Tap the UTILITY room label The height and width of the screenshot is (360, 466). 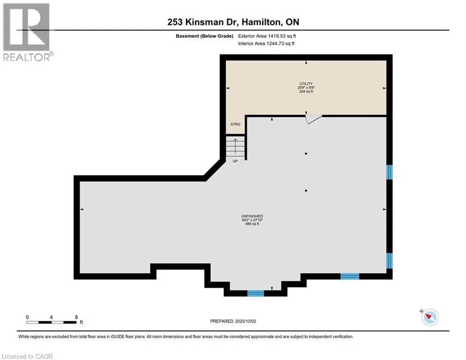pos(306,83)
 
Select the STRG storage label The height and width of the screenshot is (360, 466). pos(236,124)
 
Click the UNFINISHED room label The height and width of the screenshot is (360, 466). pos(252,216)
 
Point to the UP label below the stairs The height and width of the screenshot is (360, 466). pos(235,161)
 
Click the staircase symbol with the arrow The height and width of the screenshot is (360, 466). pos(235,146)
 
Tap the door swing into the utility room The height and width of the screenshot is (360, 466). pos(313,119)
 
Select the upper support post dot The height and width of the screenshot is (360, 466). pos(306,154)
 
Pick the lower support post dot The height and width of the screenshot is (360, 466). pos(306,190)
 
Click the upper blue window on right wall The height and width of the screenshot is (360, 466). pos(389,172)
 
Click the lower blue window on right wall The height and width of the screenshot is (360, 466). pos(389,261)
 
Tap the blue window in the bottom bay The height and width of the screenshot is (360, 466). pos(256,293)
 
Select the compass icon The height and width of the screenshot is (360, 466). pos(430,317)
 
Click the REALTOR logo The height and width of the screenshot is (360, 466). pos(27,32)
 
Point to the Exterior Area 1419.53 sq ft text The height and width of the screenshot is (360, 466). pos(267,36)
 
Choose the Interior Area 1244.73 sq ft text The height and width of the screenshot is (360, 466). pos(266,44)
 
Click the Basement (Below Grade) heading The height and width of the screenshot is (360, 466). pos(205,36)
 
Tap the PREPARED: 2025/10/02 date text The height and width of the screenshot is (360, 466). pos(233,321)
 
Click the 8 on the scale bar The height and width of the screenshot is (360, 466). pos(76,317)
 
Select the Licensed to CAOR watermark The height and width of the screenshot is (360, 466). pos(27,356)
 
